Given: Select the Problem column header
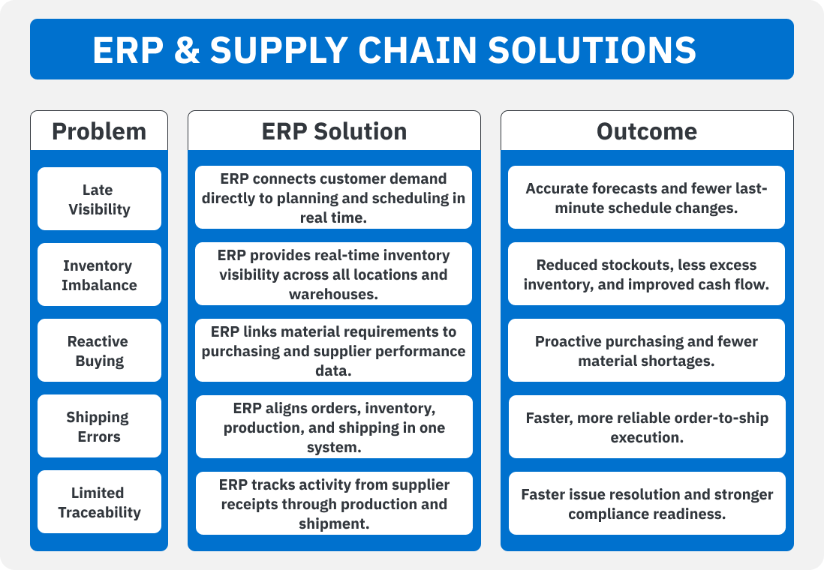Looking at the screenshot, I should (x=99, y=131).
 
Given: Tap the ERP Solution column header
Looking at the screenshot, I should (x=334, y=131).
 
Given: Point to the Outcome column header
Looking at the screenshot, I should (x=646, y=131).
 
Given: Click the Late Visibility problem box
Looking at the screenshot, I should (x=99, y=199).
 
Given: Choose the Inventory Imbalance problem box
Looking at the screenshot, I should (x=99, y=274).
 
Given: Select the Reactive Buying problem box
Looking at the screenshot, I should (x=99, y=350).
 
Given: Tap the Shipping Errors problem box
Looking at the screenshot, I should (x=99, y=426).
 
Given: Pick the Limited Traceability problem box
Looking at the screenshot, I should (x=99, y=502).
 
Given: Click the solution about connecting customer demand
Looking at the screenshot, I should (x=333, y=197).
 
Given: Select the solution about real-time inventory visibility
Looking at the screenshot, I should (x=333, y=274).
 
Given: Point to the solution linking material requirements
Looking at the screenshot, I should (x=333, y=350).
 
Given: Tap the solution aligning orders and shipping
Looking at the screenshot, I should (x=334, y=427).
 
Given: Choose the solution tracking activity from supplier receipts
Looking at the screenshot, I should (x=334, y=503).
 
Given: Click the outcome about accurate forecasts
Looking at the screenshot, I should (x=646, y=197).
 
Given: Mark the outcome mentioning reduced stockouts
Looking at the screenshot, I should (x=646, y=274).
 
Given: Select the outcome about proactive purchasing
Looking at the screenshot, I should (x=646, y=350).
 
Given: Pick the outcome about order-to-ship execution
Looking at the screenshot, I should (x=647, y=427).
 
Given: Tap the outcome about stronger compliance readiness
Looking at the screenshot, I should (x=647, y=503).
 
